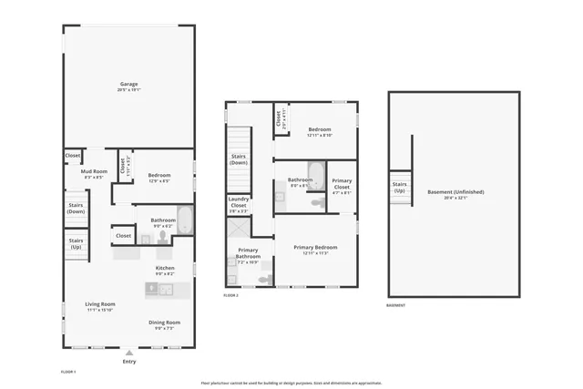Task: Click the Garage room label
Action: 128,85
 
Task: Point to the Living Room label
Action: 100,306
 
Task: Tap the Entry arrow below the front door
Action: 128,353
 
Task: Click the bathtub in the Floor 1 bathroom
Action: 185,221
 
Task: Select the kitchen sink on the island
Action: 166,289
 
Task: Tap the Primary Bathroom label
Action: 249,254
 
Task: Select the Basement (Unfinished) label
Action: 455,194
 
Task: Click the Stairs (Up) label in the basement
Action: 400,188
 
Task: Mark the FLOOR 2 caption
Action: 231,295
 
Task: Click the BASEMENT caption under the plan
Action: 396,306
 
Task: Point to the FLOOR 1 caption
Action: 68,372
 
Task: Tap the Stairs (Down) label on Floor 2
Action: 239,159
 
